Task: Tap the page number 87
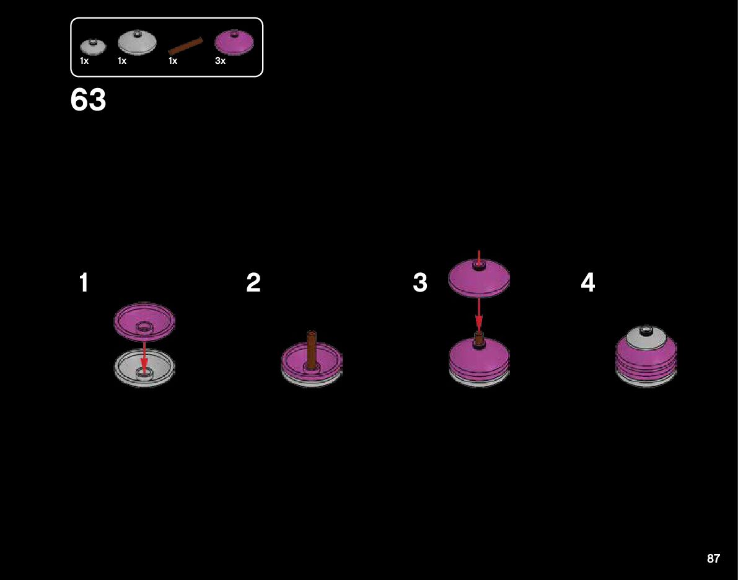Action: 713,558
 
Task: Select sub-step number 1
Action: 84,283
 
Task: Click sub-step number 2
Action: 253,283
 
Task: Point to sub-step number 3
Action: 420,283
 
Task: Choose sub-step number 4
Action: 587,283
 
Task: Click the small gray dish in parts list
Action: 93,47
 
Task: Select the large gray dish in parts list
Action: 137,43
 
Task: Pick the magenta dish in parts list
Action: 234,43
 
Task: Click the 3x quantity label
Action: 221,61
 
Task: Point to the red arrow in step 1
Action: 144,355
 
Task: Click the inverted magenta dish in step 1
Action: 144,321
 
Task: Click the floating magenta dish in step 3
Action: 478,277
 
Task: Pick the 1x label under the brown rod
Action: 173,61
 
